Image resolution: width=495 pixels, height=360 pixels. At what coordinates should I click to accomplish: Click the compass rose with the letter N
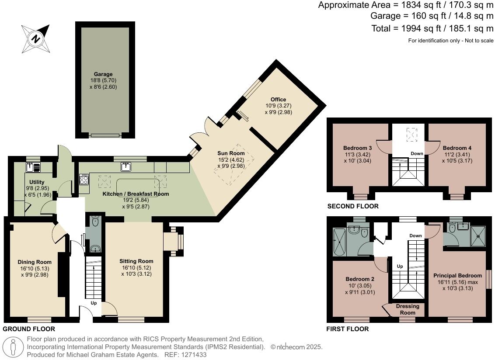coord(35,38)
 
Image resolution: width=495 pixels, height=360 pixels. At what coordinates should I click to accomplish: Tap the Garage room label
coord(103,74)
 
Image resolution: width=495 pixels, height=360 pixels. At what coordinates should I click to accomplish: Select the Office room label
coord(278,100)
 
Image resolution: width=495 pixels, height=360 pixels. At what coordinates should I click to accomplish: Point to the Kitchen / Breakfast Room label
coord(136,194)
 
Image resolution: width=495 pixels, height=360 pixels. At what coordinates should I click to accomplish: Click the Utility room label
coord(37,182)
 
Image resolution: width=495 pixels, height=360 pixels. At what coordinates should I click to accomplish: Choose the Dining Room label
coord(31,262)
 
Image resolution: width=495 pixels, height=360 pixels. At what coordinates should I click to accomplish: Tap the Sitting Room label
coord(136,261)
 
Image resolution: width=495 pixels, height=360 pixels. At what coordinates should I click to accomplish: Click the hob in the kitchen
coord(84,180)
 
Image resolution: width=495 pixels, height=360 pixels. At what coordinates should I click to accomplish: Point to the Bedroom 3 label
coord(357,148)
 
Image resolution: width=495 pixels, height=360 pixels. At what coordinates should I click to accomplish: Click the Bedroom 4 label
coord(457,148)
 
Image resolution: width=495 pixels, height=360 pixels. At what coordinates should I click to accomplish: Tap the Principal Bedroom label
coord(457,276)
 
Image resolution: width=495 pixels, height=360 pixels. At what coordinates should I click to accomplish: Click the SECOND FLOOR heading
coord(353,206)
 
